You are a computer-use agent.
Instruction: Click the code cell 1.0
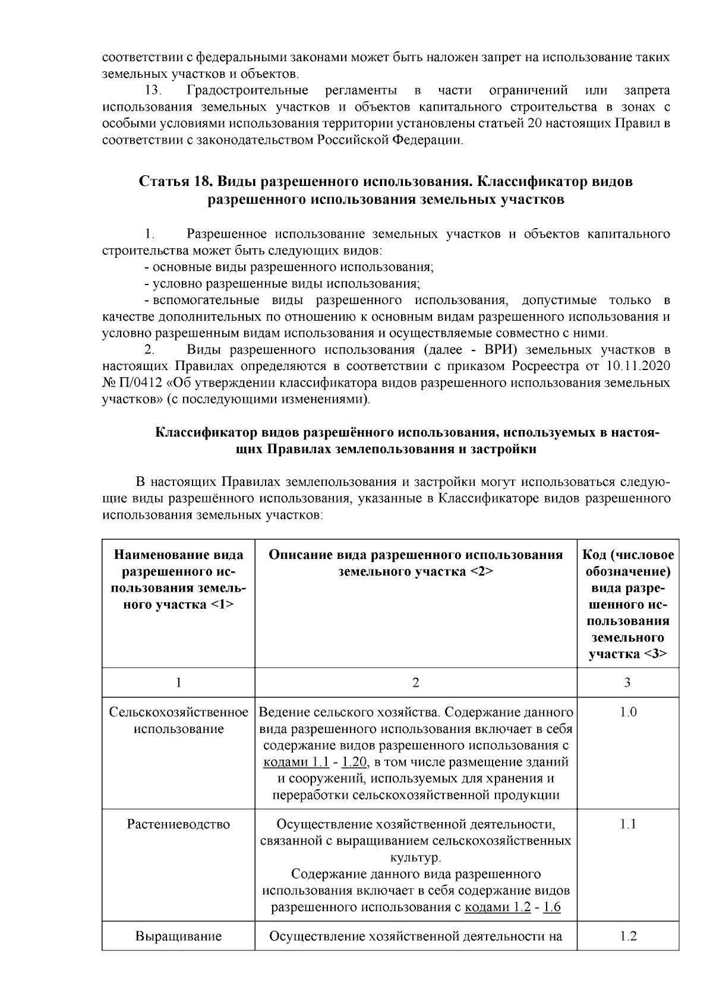click(x=628, y=712)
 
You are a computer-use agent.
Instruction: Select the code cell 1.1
click(x=628, y=824)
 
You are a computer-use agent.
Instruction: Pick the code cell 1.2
click(x=628, y=936)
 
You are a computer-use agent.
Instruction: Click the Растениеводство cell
click(x=178, y=824)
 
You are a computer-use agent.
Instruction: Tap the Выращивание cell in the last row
click(x=178, y=936)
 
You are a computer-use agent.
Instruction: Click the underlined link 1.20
click(x=356, y=762)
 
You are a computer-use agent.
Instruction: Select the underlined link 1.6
click(x=552, y=907)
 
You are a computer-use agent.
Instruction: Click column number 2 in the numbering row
click(x=415, y=682)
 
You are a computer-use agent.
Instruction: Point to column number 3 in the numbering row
click(x=627, y=682)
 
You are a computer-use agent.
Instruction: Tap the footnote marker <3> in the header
click(x=655, y=654)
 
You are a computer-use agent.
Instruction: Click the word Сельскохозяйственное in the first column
click(x=178, y=712)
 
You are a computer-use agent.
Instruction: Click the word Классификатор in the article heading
click(x=526, y=181)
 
